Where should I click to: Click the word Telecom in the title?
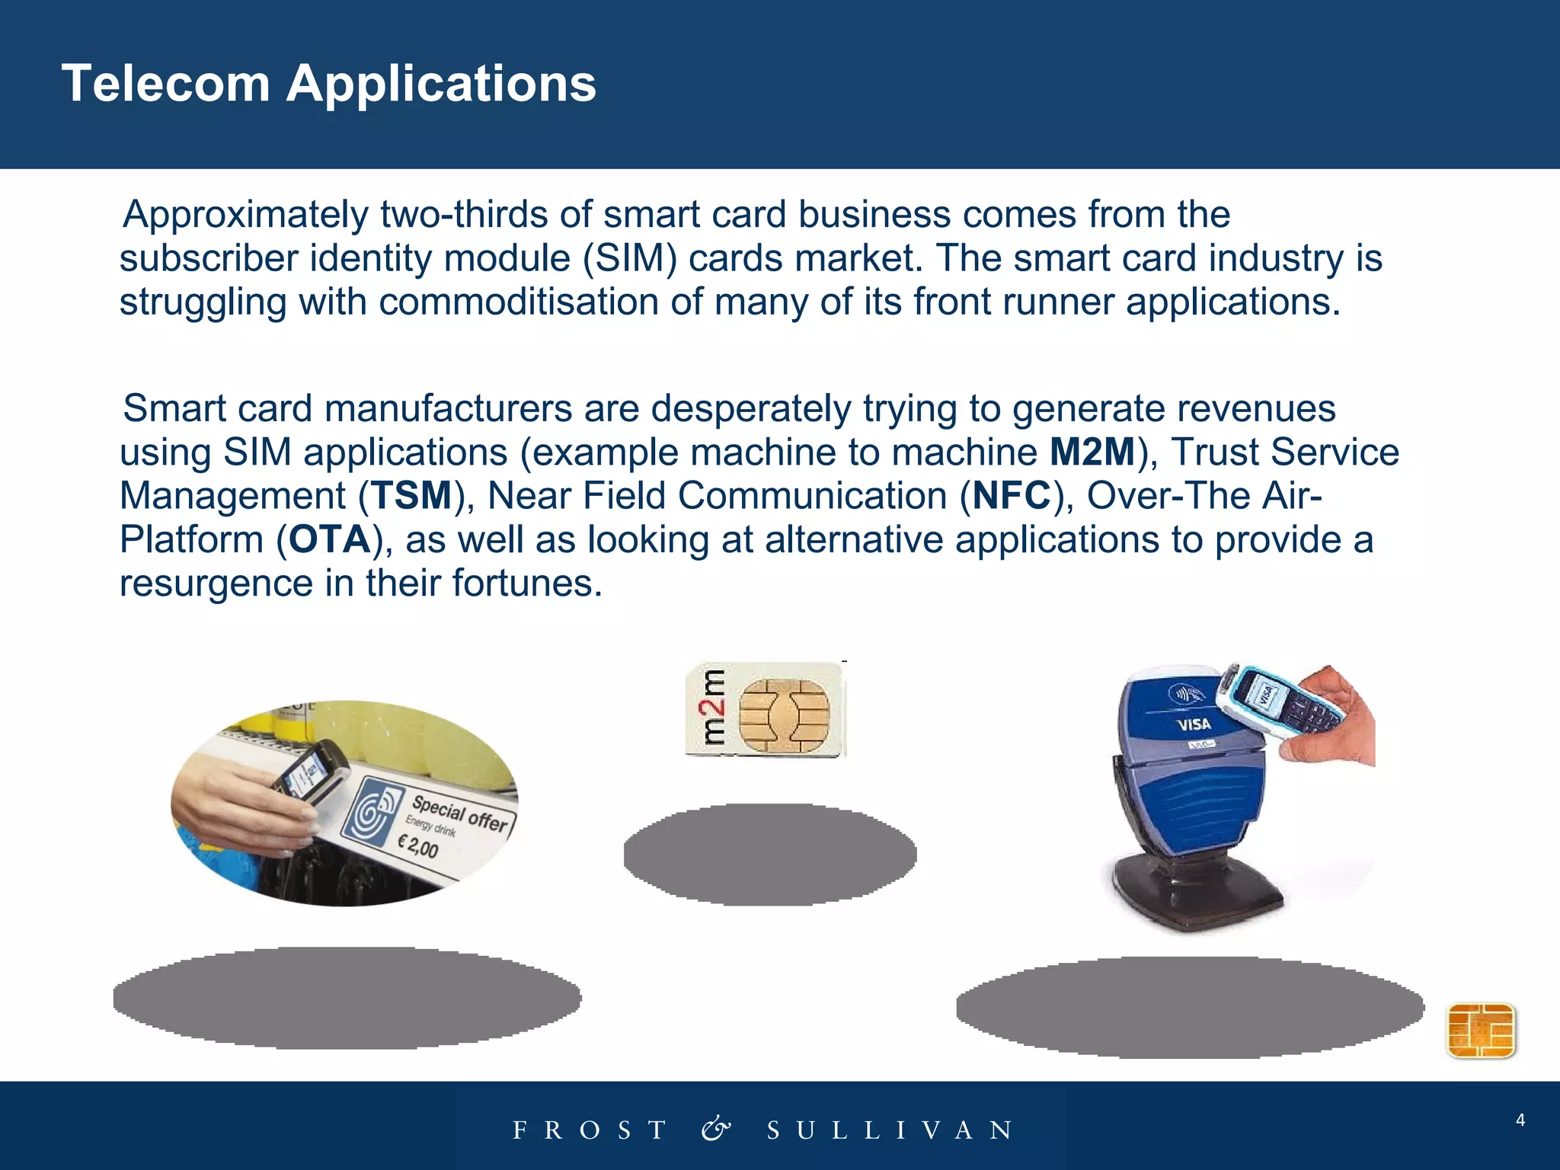pos(165,83)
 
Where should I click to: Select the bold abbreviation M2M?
pos(1092,452)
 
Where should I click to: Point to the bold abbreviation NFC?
pos(1012,496)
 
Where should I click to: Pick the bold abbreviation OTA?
pos(329,539)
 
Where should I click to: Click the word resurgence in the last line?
pos(216,583)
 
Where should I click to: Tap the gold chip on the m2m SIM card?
pos(784,714)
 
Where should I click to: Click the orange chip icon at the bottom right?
pos(1481,1031)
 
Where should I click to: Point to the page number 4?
pos(1520,1120)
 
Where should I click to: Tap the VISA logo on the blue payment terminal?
pos(1194,724)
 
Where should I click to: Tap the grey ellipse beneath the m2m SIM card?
pos(769,854)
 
